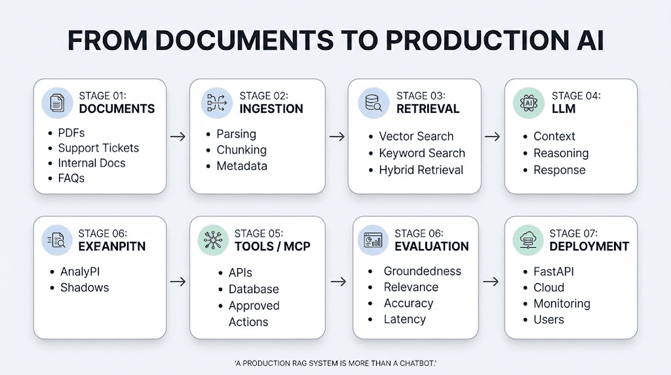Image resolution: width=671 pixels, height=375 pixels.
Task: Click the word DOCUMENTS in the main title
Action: (x=244, y=41)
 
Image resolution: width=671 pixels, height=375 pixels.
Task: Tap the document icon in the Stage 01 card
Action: (x=58, y=103)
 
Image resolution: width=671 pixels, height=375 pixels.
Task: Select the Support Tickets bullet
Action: (x=98, y=148)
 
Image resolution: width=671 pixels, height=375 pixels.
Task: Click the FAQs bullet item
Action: (x=71, y=178)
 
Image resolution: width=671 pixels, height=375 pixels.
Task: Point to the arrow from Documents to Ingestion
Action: (x=178, y=136)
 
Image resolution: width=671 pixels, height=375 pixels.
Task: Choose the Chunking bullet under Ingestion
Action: (x=241, y=150)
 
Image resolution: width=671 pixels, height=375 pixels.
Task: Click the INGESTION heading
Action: (x=271, y=109)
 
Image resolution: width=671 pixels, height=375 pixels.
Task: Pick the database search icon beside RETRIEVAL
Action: (x=374, y=103)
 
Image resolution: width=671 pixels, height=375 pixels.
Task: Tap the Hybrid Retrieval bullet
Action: (x=421, y=170)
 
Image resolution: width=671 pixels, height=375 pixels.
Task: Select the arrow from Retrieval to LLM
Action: (x=492, y=136)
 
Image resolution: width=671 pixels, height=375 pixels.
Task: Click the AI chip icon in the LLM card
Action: (x=529, y=103)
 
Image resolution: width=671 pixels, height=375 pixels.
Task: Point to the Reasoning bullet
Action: (x=561, y=153)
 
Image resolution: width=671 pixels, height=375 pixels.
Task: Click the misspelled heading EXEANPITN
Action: (x=111, y=246)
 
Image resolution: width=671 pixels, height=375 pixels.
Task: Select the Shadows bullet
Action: (x=85, y=287)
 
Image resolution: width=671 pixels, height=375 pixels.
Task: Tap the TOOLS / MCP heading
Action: (x=272, y=246)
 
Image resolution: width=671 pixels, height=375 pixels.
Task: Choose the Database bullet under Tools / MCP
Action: (x=254, y=289)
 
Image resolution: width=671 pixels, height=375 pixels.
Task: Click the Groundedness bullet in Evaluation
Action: (x=423, y=271)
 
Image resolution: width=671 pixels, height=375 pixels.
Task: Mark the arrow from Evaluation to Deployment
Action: (x=491, y=282)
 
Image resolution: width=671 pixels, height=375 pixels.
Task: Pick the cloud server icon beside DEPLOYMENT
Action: (x=529, y=240)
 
